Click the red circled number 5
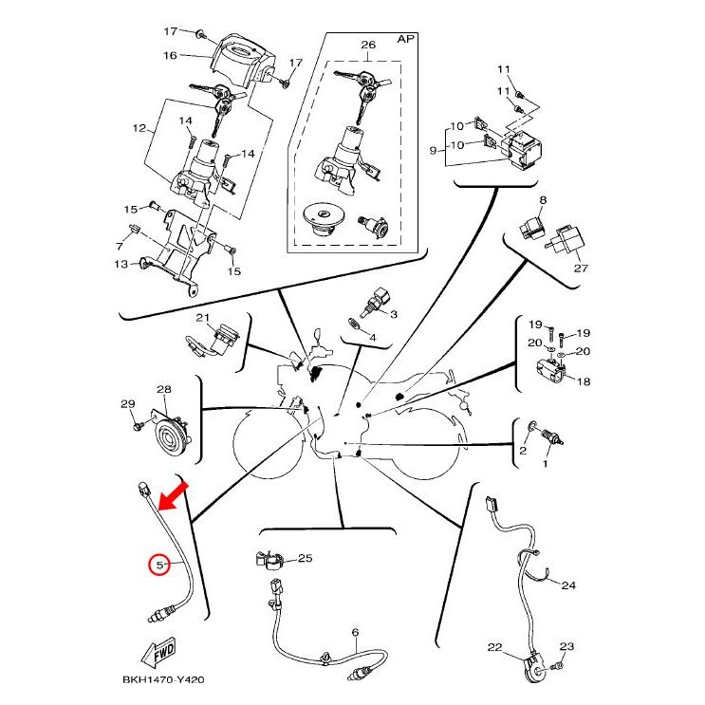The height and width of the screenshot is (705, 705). [x=159, y=565]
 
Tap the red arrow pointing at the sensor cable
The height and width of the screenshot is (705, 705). [x=174, y=496]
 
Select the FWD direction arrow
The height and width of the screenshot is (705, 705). [x=158, y=653]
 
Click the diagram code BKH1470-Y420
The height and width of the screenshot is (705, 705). [x=163, y=679]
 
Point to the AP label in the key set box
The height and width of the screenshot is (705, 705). [x=405, y=39]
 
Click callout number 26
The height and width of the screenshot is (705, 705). [x=368, y=45]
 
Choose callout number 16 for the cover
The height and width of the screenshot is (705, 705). [x=170, y=55]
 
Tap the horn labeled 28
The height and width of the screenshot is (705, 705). [x=172, y=435]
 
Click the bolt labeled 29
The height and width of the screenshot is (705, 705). [x=139, y=424]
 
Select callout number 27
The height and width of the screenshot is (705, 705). [x=581, y=268]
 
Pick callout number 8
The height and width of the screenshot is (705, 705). [x=543, y=199]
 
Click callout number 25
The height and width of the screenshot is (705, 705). [x=305, y=558]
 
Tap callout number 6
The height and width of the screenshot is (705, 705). [x=355, y=633]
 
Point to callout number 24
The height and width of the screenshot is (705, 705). [x=568, y=584]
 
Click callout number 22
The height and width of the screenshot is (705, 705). [x=494, y=647]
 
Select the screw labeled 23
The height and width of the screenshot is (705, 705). [x=559, y=665]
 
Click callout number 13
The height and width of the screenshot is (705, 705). [x=121, y=264]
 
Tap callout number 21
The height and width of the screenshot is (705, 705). [x=203, y=318]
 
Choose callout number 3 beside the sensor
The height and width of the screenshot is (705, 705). [x=394, y=314]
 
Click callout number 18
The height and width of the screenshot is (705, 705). [x=584, y=381]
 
